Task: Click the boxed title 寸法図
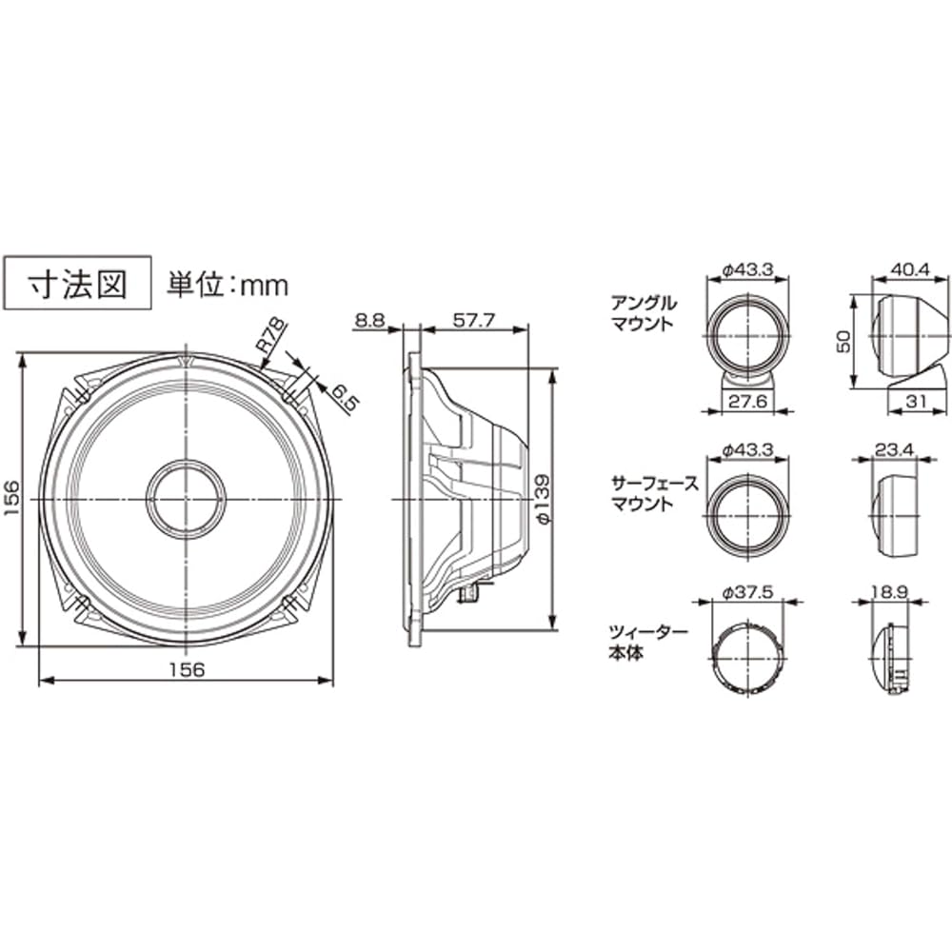point(78,283)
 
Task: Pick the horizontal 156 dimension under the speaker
point(187,668)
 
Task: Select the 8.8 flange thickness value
point(370,321)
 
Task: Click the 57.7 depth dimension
point(473,321)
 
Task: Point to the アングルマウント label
point(645,313)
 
